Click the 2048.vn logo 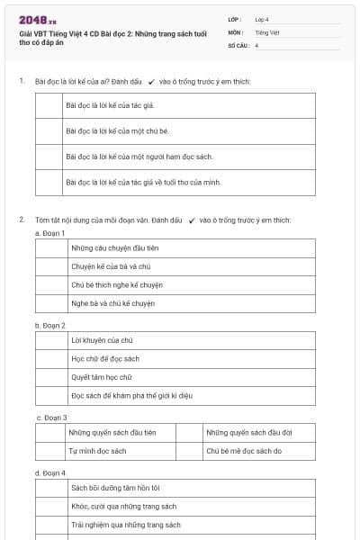click(38, 20)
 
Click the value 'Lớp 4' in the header click(262, 19)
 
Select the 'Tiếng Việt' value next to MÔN click(266, 31)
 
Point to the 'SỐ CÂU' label click(238, 45)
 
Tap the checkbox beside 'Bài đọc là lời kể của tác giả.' click(49, 105)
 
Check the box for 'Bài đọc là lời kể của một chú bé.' click(49, 130)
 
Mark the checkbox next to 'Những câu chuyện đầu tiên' click(50, 248)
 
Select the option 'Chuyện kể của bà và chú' click(110, 266)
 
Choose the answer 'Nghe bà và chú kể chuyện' click(112, 303)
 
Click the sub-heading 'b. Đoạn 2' click(50, 325)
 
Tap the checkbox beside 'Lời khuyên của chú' click(50, 340)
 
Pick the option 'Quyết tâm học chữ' click(101, 377)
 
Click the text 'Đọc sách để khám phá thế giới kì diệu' click(131, 395)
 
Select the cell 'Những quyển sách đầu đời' click(248, 433)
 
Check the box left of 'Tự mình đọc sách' click(50, 451)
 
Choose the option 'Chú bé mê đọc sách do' click(244, 451)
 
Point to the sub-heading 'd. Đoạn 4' click(50, 472)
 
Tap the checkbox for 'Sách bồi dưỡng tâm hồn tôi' click(50, 488)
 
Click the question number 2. click(22, 219)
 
